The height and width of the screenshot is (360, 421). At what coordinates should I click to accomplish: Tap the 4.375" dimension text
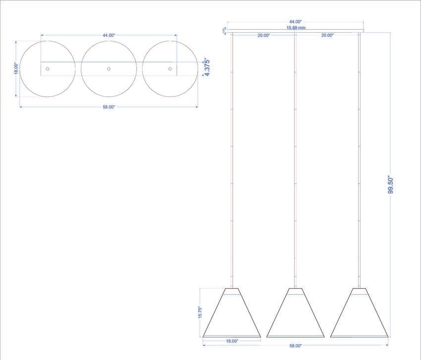coord(207,67)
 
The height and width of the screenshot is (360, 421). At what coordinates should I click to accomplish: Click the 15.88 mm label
coord(296,28)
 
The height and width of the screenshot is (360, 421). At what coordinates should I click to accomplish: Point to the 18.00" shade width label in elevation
coord(232,341)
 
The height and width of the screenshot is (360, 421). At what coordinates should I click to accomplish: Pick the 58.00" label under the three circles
coord(109,107)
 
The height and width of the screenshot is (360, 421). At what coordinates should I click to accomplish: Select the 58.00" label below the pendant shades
coord(296,346)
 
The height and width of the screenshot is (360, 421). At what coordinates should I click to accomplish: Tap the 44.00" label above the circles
coord(109,35)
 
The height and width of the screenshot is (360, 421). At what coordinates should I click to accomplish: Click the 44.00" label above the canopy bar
coord(296,22)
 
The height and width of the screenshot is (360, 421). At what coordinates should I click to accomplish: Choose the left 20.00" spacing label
coord(263,35)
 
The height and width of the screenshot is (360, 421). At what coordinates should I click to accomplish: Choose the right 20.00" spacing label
coord(327,35)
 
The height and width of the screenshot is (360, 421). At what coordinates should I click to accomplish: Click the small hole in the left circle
coord(48,69)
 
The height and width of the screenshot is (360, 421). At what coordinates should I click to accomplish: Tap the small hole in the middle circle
coord(109,69)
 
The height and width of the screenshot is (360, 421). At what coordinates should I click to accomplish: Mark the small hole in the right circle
coord(170,69)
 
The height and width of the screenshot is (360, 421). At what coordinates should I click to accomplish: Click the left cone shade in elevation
coord(232,315)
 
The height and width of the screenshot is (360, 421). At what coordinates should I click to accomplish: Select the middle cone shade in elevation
coord(295,315)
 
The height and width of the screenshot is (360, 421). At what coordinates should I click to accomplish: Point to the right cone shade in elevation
coord(359,315)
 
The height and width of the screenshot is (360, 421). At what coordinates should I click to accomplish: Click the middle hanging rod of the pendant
coord(295,164)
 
